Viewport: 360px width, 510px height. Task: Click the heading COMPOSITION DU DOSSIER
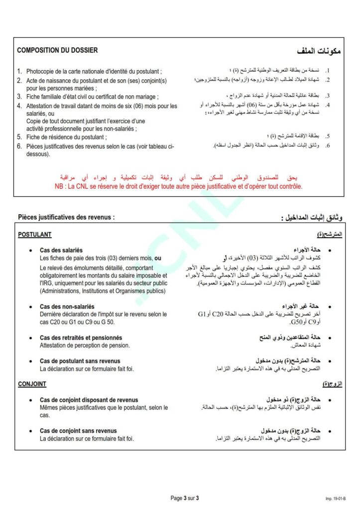pos(57,50)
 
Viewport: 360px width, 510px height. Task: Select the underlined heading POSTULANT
pos(34,235)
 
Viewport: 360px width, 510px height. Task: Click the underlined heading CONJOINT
pos(32,384)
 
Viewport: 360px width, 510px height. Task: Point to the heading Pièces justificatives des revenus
pos(66,217)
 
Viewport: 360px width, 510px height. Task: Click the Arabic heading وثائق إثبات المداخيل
pos(311,218)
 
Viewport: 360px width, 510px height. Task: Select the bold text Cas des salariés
pos(61,250)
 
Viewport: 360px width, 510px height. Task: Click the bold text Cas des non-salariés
pos(67,306)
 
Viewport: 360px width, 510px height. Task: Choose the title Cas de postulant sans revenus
pos(80,361)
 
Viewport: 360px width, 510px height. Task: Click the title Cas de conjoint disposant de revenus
pos(89,400)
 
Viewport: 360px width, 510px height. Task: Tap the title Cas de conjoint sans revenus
pos(78,431)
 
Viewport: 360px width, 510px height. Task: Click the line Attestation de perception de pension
pos(85,345)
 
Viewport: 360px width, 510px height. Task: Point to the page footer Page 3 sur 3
pos(184,498)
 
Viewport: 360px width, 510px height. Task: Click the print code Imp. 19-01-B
pos(336,498)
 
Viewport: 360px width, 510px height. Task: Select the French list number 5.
pos(19,136)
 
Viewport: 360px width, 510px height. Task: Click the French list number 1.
pos(19,71)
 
